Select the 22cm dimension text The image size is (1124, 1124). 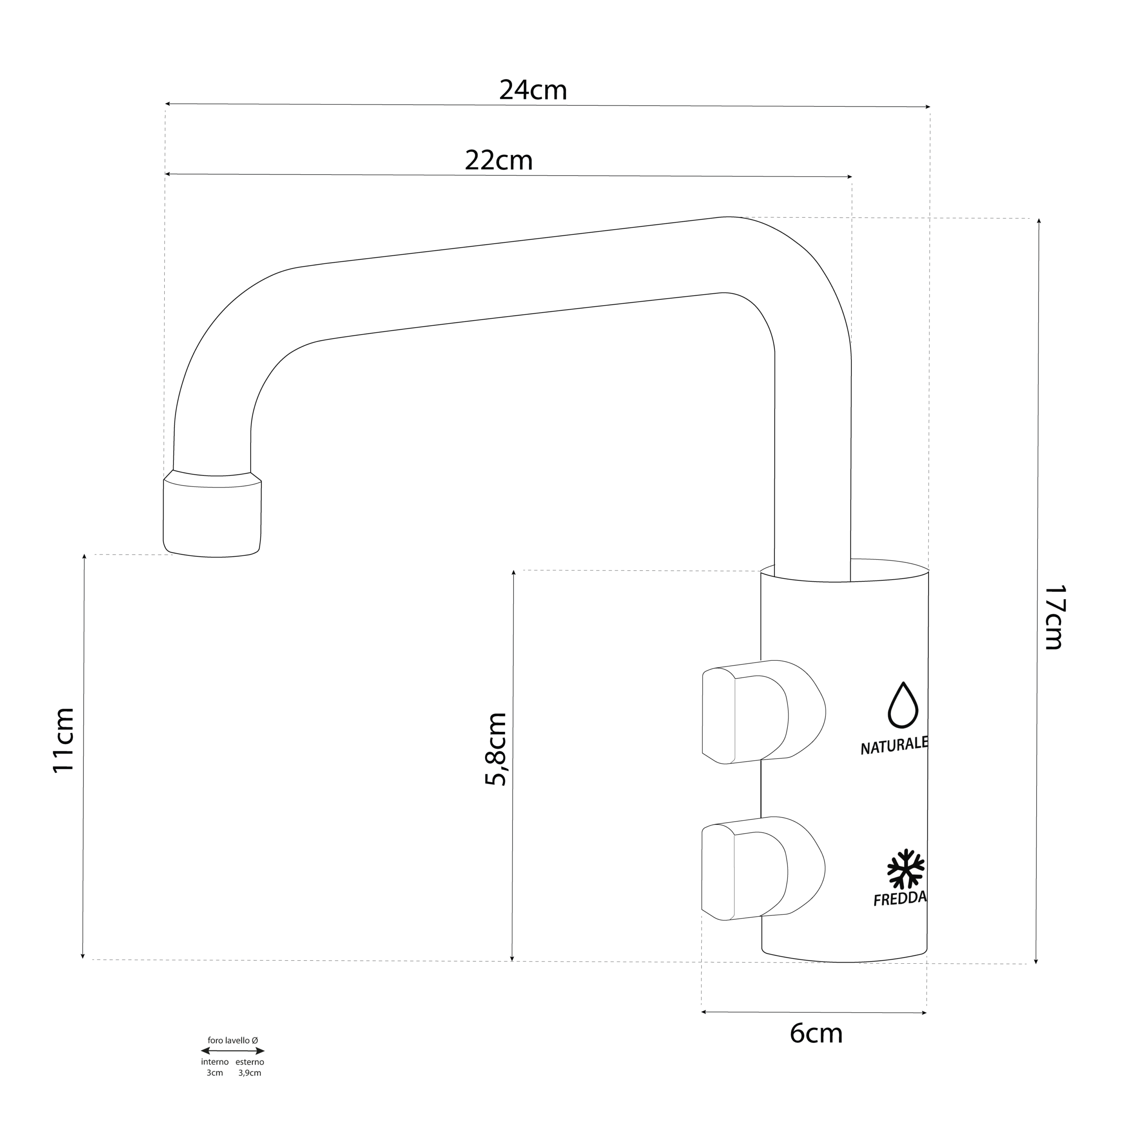click(x=499, y=161)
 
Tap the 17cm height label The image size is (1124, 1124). click(x=1053, y=617)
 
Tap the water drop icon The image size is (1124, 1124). click(x=902, y=705)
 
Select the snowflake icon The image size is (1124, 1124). click(x=905, y=869)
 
